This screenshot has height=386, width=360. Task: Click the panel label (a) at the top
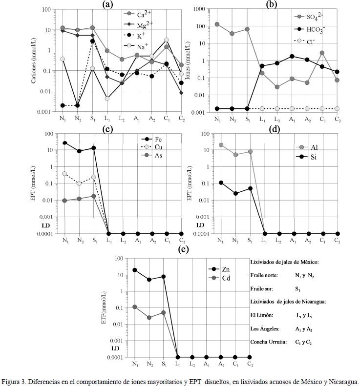pos(107,4)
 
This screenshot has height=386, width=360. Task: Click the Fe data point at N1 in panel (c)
pos(64,143)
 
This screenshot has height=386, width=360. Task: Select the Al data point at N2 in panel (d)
pos(235,155)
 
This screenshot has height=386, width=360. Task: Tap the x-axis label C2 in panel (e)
pos(249,364)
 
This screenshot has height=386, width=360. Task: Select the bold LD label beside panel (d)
pos(200,225)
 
